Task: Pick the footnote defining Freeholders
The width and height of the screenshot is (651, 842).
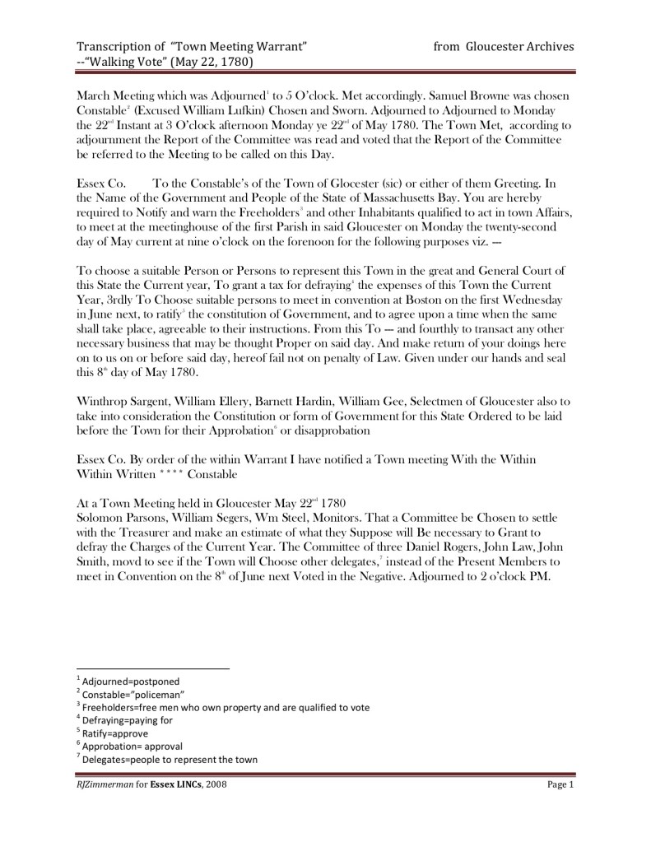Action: click(x=222, y=706)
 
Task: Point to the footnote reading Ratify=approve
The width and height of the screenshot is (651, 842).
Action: click(x=113, y=733)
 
